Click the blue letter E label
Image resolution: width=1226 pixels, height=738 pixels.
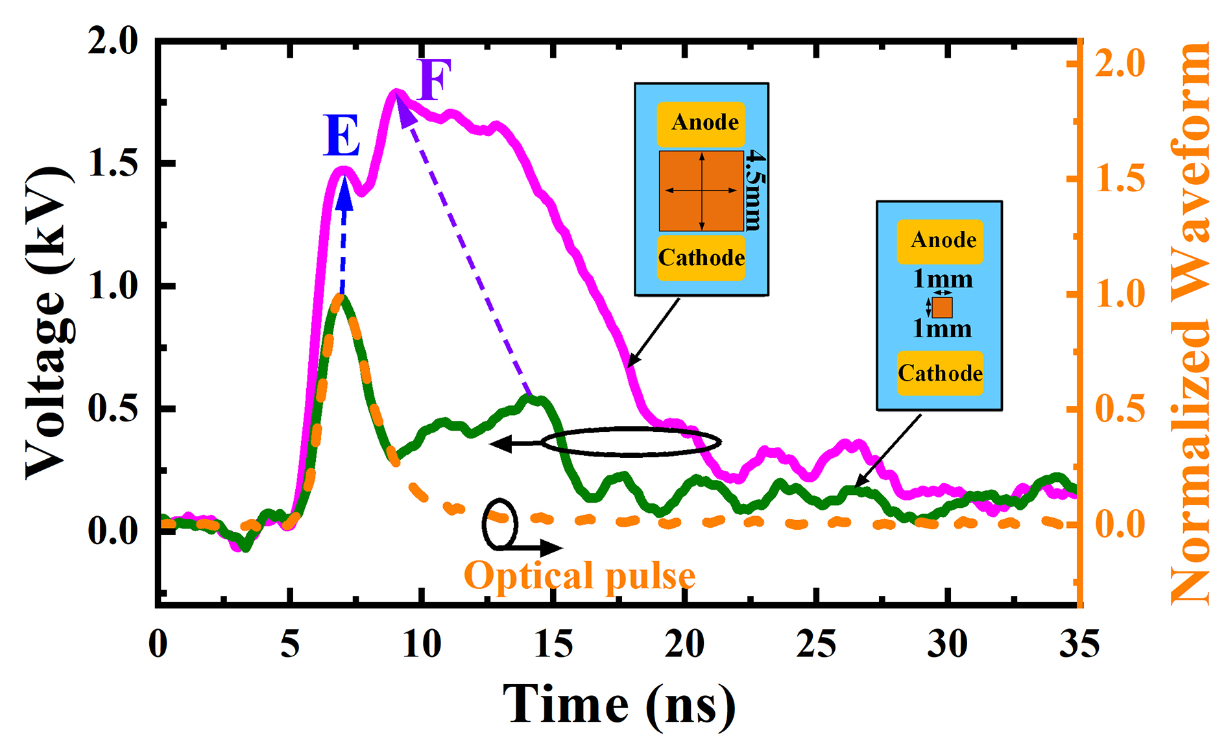click(x=341, y=137)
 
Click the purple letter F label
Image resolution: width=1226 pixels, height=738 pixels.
click(x=433, y=80)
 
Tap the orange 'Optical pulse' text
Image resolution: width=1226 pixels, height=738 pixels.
click(x=579, y=576)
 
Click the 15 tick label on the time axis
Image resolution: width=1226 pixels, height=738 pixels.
click(x=553, y=645)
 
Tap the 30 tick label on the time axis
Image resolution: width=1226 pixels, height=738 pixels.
click(x=947, y=645)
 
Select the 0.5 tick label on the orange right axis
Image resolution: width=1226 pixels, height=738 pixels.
click(x=1120, y=410)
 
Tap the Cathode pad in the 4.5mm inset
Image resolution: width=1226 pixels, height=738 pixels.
click(x=701, y=257)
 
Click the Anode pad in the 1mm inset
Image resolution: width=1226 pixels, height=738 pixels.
click(x=941, y=241)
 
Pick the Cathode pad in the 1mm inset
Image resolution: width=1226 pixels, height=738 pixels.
click(x=940, y=374)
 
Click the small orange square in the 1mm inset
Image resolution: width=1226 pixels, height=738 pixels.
click(x=942, y=307)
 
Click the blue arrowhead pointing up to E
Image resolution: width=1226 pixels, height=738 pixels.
click(x=344, y=194)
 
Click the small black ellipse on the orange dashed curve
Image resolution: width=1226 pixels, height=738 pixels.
click(x=499, y=524)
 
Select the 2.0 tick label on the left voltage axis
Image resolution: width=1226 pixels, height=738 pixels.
click(x=114, y=43)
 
